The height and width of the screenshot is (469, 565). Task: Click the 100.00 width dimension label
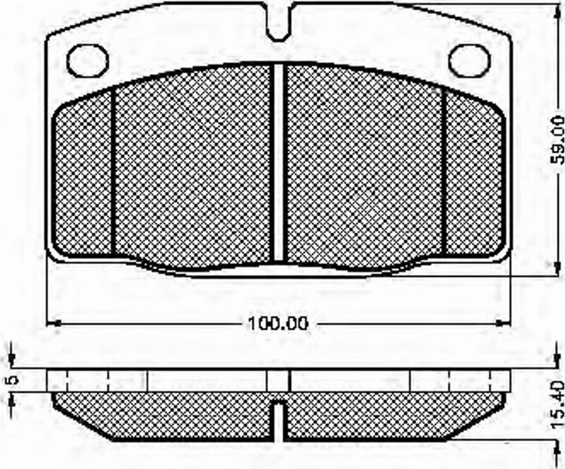[279, 323]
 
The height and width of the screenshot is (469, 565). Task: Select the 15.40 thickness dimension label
[558, 405]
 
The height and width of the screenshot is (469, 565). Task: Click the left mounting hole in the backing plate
[88, 60]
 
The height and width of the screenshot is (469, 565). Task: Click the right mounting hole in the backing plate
[470, 60]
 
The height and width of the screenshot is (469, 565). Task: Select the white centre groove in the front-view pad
[279, 162]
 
